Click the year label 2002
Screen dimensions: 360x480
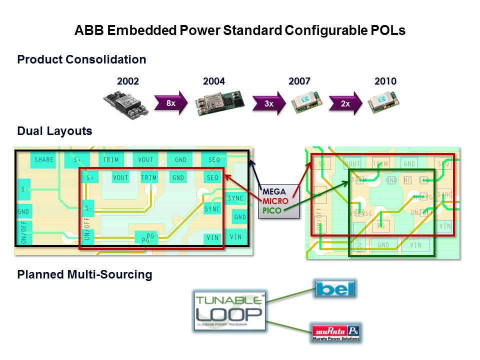point(127,81)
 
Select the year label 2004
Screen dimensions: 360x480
point(214,81)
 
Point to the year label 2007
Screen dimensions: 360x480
point(299,81)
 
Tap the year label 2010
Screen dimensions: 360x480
point(385,81)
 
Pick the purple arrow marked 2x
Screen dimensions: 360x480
point(345,103)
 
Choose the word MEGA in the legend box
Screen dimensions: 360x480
point(274,191)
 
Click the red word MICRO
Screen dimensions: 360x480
point(275,201)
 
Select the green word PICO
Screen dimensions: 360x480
point(272,210)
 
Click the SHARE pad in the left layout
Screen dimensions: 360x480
point(44,160)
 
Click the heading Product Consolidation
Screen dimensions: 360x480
point(81,59)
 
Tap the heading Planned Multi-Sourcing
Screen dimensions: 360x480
point(84,274)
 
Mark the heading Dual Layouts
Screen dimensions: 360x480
point(54,131)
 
